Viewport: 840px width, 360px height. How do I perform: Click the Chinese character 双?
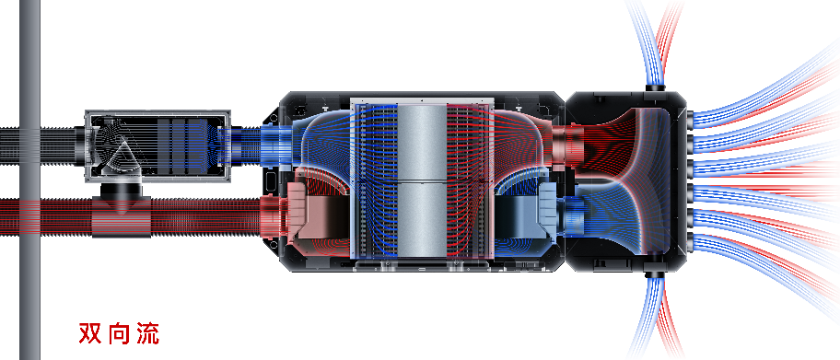click(x=90, y=333)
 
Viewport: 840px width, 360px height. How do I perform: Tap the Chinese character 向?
click(x=119, y=333)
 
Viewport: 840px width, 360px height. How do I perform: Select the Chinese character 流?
click(x=147, y=333)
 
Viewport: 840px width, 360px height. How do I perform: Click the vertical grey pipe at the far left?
click(x=29, y=180)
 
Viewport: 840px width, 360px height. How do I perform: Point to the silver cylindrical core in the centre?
click(x=422, y=180)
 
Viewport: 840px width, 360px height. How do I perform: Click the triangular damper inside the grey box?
click(x=122, y=156)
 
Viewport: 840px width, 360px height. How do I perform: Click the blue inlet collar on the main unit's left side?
click(x=274, y=145)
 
